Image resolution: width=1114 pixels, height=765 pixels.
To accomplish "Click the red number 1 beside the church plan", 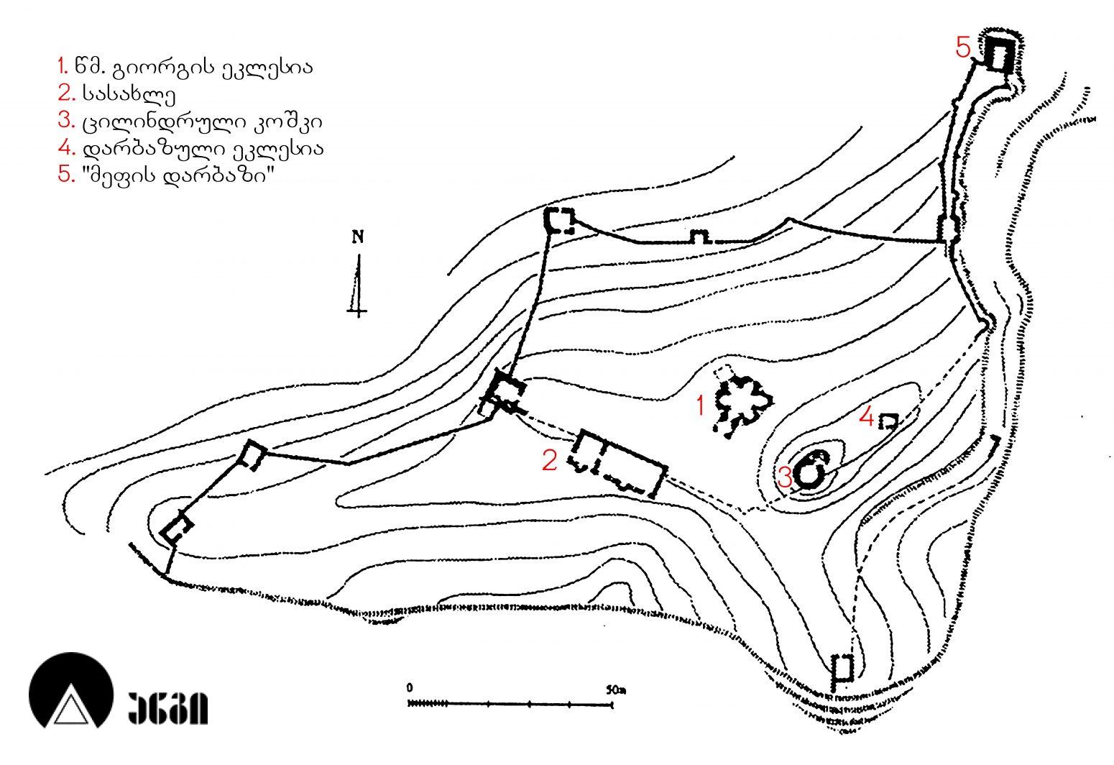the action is (x=701, y=406).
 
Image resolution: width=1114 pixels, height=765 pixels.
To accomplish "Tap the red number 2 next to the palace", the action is (x=550, y=461).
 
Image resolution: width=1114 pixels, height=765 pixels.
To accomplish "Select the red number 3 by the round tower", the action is (x=784, y=478).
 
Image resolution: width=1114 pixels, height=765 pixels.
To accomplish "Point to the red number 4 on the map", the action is (x=866, y=417).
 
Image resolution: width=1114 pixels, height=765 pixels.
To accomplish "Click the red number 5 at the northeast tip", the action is (x=963, y=47).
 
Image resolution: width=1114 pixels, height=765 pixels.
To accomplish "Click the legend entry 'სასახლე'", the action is (x=129, y=93).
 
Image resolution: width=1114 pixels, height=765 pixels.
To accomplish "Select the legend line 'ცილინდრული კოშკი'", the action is (x=202, y=122).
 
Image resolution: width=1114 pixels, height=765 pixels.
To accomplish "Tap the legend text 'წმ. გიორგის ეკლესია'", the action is (x=194, y=67).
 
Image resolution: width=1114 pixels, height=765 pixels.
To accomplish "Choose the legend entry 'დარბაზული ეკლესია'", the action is (x=203, y=148).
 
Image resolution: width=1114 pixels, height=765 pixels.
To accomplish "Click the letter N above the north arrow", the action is (x=358, y=237).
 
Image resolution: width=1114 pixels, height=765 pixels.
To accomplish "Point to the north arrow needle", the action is (x=358, y=285).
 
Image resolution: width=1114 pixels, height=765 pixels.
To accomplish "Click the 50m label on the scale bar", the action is (x=616, y=690).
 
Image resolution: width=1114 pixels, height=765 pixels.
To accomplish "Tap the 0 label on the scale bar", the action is (x=409, y=688).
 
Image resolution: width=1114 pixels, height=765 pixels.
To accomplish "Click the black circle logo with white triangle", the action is (x=70, y=690).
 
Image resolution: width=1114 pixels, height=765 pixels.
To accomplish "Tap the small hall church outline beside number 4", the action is (x=888, y=421).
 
